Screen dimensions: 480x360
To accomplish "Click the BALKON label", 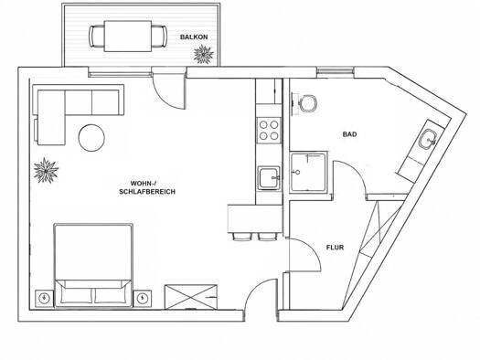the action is click(194, 37).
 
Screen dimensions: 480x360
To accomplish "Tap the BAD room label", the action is click(349, 134).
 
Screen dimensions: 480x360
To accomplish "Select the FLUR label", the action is click(335, 247).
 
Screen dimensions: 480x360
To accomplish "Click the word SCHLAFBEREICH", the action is click(147, 192).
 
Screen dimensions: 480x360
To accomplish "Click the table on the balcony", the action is click(128, 37).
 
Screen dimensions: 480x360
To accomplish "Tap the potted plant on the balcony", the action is click(204, 55).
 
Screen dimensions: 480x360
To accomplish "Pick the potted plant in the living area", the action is click(46, 171).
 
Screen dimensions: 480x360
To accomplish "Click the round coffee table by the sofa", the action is click(91, 138).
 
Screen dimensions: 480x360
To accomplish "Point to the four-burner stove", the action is click(269, 130).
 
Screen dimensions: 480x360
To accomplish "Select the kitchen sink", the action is click(269, 178).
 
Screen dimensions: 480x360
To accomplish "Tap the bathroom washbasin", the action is click(428, 140).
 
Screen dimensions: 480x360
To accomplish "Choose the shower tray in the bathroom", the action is click(309, 172).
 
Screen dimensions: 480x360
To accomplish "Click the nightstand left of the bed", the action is click(45, 299).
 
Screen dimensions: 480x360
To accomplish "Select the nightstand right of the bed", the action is click(142, 299).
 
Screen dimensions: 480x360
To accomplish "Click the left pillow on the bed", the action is click(77, 295).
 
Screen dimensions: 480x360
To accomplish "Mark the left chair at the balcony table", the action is click(97, 37).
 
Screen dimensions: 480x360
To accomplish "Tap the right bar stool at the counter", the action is click(267, 237).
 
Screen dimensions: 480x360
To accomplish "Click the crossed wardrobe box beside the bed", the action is click(191, 297).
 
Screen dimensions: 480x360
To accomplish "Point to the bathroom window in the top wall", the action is click(336, 71).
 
